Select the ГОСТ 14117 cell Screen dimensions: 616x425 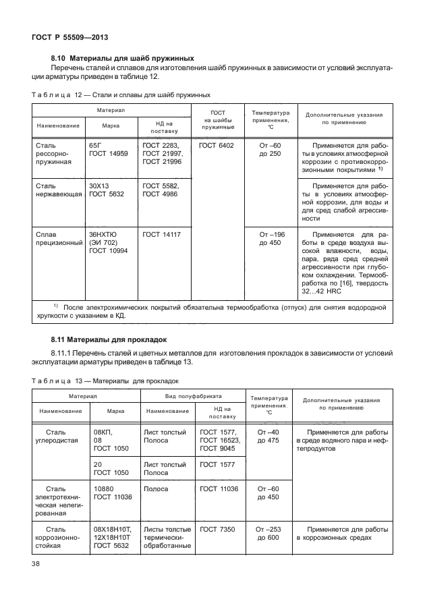point(162,234)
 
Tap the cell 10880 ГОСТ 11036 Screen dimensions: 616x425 point(113,492)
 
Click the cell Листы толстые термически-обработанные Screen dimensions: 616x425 point(165,538)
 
